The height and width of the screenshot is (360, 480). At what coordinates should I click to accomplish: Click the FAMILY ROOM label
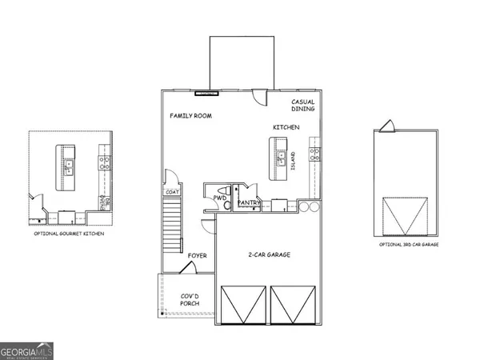[190, 116]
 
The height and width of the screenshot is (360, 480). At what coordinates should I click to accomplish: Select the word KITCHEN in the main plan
[286, 127]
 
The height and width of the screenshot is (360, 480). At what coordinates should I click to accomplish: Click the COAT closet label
[171, 191]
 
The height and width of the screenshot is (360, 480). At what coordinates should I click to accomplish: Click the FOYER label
[198, 256]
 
